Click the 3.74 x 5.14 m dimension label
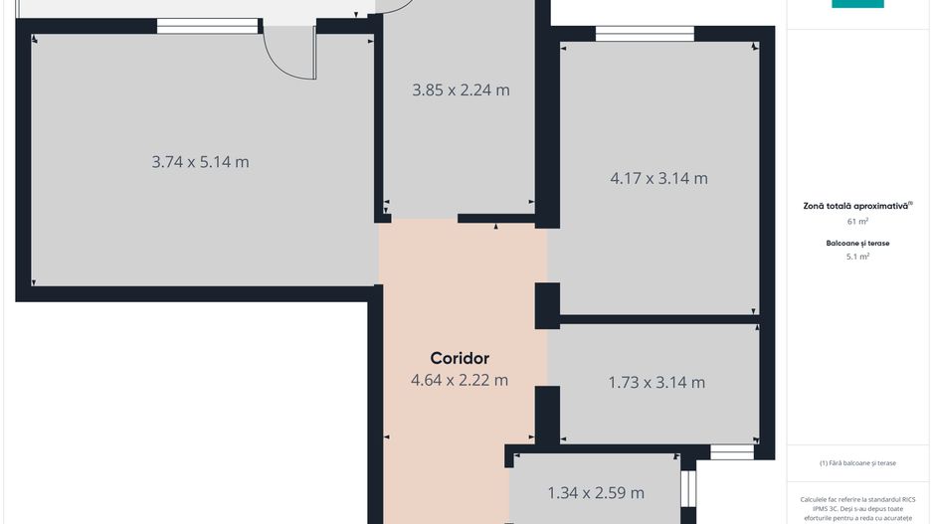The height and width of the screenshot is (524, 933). (x=200, y=162)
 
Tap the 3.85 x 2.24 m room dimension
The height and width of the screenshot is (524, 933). (x=461, y=90)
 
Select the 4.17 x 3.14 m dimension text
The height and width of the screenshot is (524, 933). (x=658, y=179)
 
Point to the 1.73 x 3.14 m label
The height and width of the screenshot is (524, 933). (x=656, y=383)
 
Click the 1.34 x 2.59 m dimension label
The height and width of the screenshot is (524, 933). (x=596, y=493)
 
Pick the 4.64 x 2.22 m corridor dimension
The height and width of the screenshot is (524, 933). (x=459, y=380)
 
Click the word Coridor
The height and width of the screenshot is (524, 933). (x=460, y=358)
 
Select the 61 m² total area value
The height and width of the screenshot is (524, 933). (x=857, y=222)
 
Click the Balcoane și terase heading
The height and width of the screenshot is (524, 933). (x=857, y=243)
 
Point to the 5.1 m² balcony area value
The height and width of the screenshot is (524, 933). (x=857, y=257)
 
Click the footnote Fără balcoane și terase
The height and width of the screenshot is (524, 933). (x=857, y=463)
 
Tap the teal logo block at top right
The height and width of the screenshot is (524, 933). (x=857, y=4)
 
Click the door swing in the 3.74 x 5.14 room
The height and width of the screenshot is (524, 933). (x=289, y=55)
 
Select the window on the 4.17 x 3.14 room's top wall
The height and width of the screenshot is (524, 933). (x=645, y=34)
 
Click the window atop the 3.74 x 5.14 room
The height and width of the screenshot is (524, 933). (x=207, y=27)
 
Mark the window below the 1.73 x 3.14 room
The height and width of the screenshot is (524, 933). (x=732, y=452)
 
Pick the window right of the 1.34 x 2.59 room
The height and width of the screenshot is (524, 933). (x=687, y=489)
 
